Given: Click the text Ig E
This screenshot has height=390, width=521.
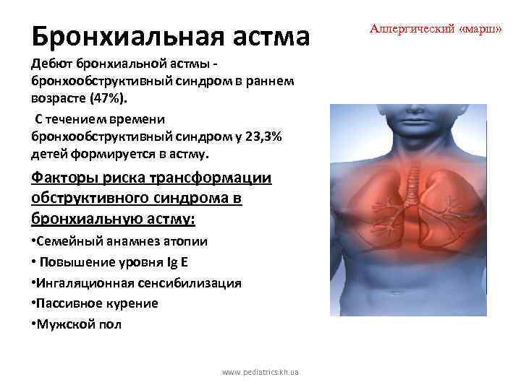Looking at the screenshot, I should pos(179,262).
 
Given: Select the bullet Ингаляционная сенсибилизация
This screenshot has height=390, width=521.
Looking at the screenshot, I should pos(136,283).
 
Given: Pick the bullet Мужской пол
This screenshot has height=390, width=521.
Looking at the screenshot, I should pos(77,324).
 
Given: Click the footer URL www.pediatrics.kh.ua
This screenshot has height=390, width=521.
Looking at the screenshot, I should pos(260,373).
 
